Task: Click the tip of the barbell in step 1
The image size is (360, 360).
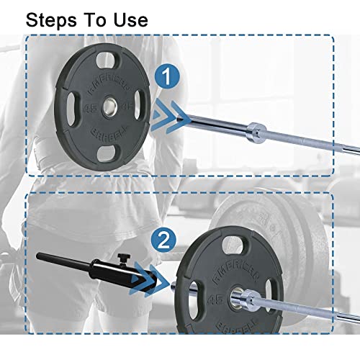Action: point(189,117)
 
